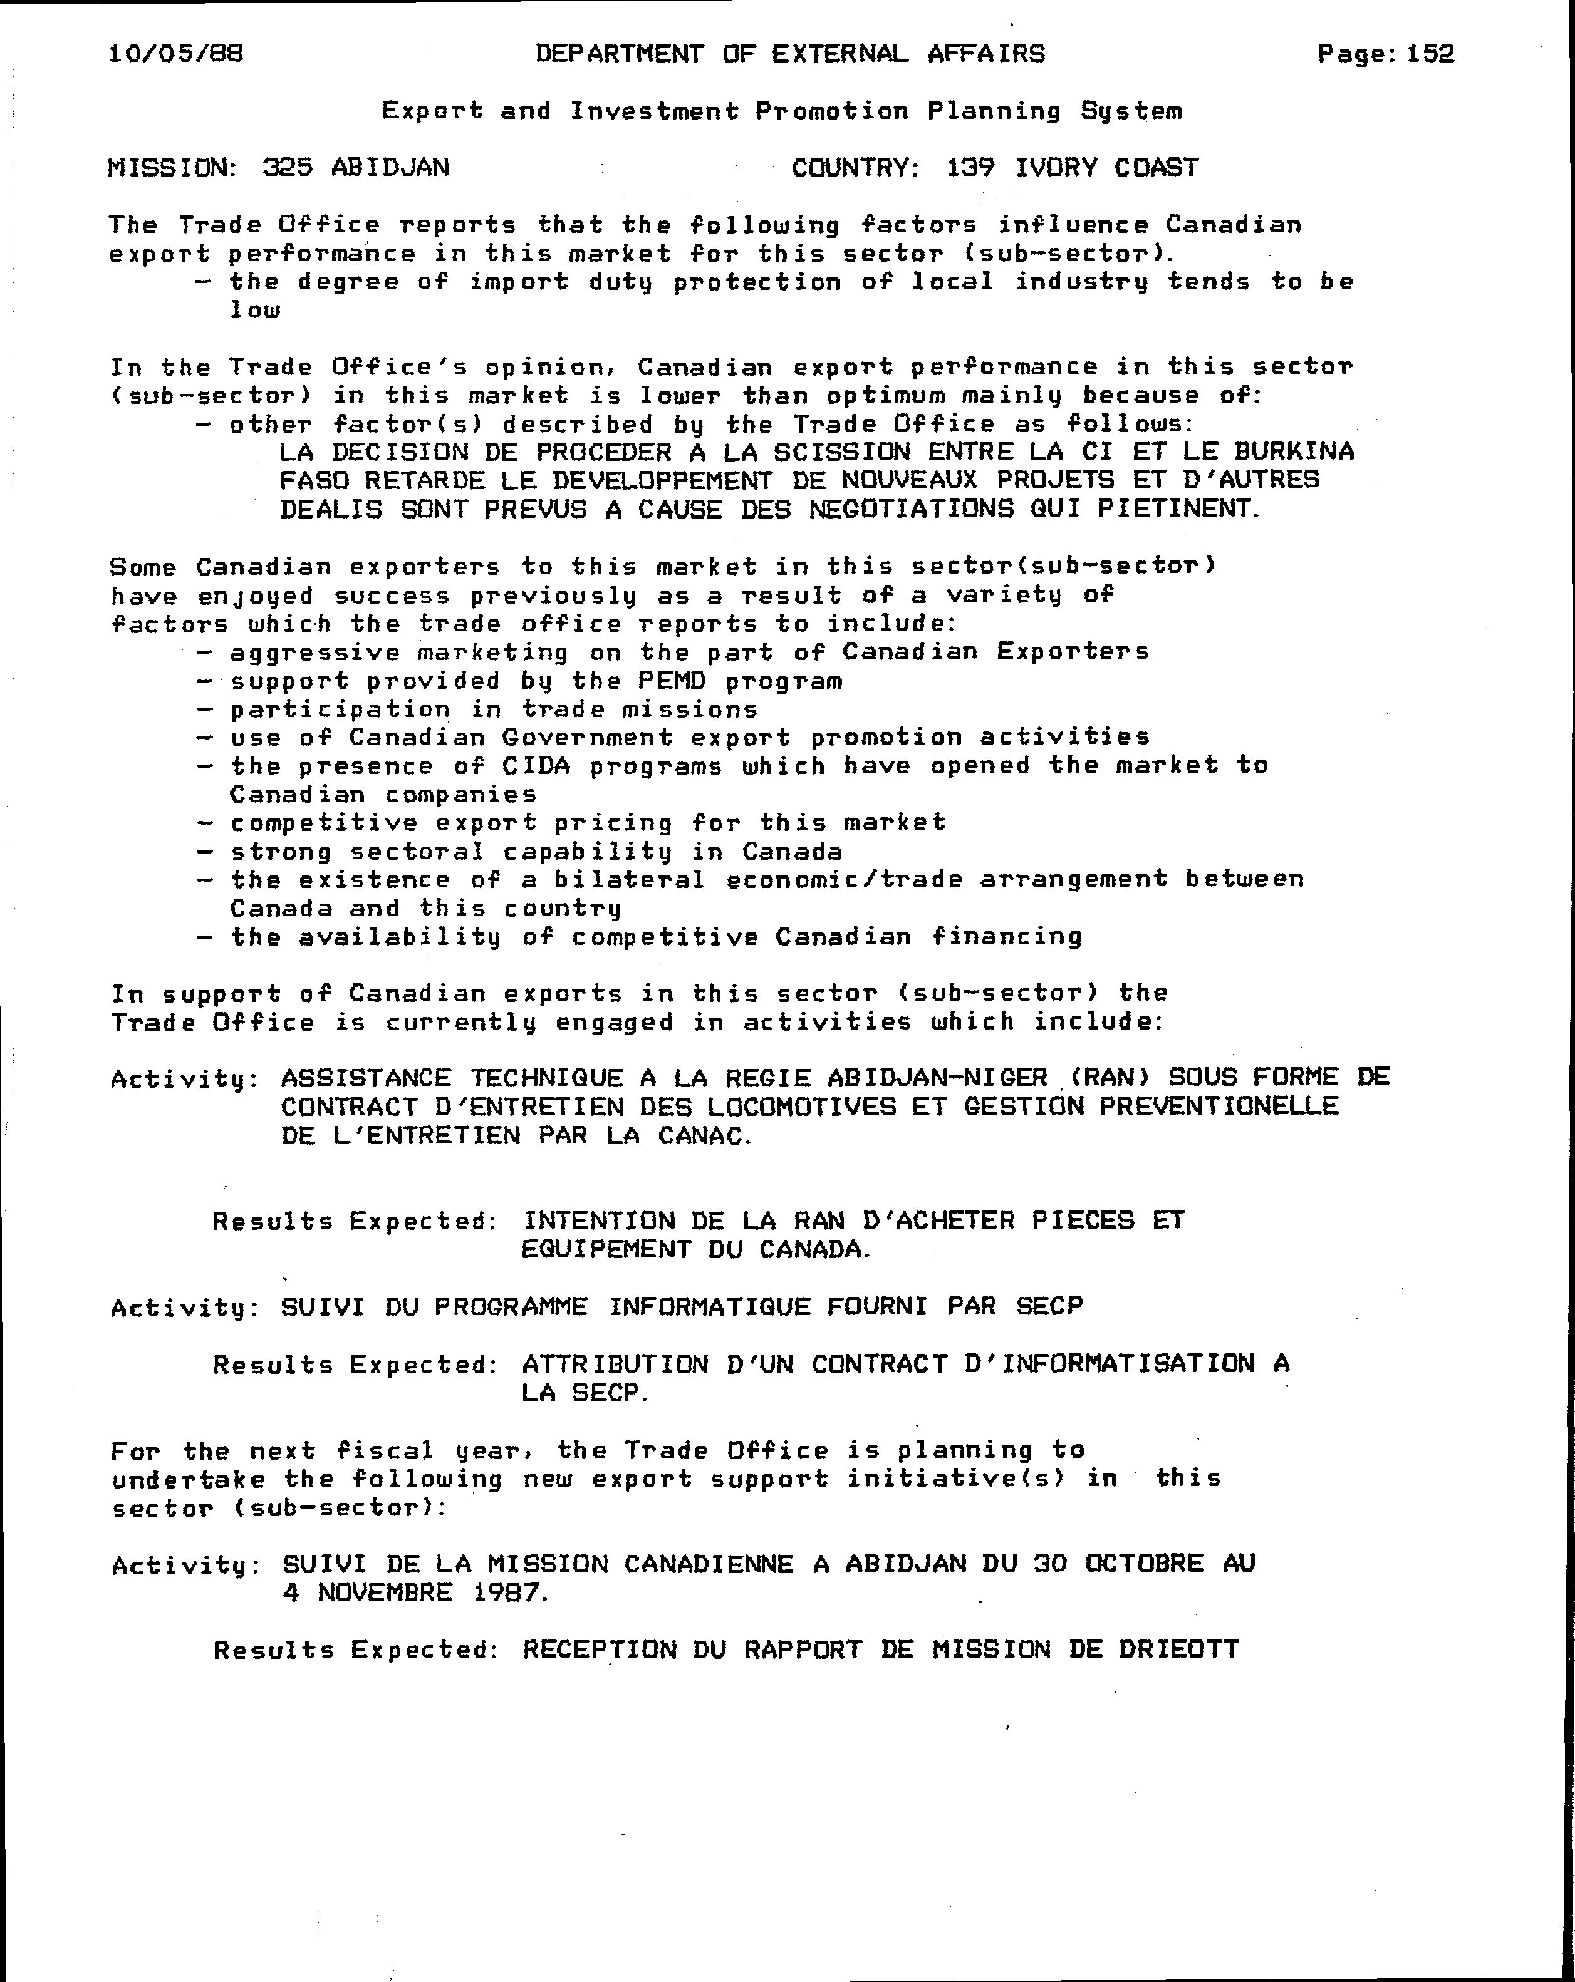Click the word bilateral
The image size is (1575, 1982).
[x=630, y=880]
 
